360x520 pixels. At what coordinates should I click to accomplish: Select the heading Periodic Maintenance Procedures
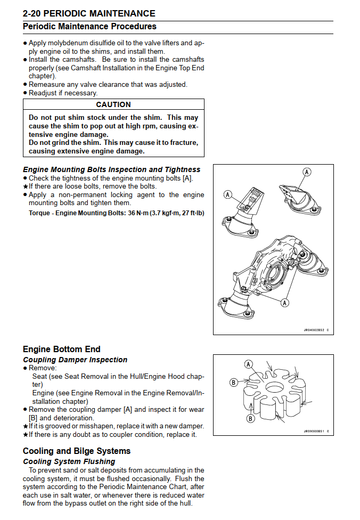coord(89,26)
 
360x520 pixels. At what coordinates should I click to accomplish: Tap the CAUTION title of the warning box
coord(113,105)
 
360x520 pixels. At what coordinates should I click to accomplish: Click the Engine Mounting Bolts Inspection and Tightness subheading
coord(112,169)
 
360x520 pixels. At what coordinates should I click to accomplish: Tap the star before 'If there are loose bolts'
coord(25,186)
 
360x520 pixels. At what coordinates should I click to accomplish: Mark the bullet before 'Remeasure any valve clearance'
coord(25,85)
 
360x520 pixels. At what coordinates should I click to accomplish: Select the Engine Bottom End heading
coord(61,349)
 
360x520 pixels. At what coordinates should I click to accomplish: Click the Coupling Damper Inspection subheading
coord(75,360)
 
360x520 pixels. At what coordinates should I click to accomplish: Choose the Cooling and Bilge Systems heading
coord(76,451)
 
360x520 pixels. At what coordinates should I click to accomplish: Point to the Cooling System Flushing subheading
coord(69,461)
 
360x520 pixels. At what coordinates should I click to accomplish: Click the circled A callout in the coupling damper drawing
coord(248,364)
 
